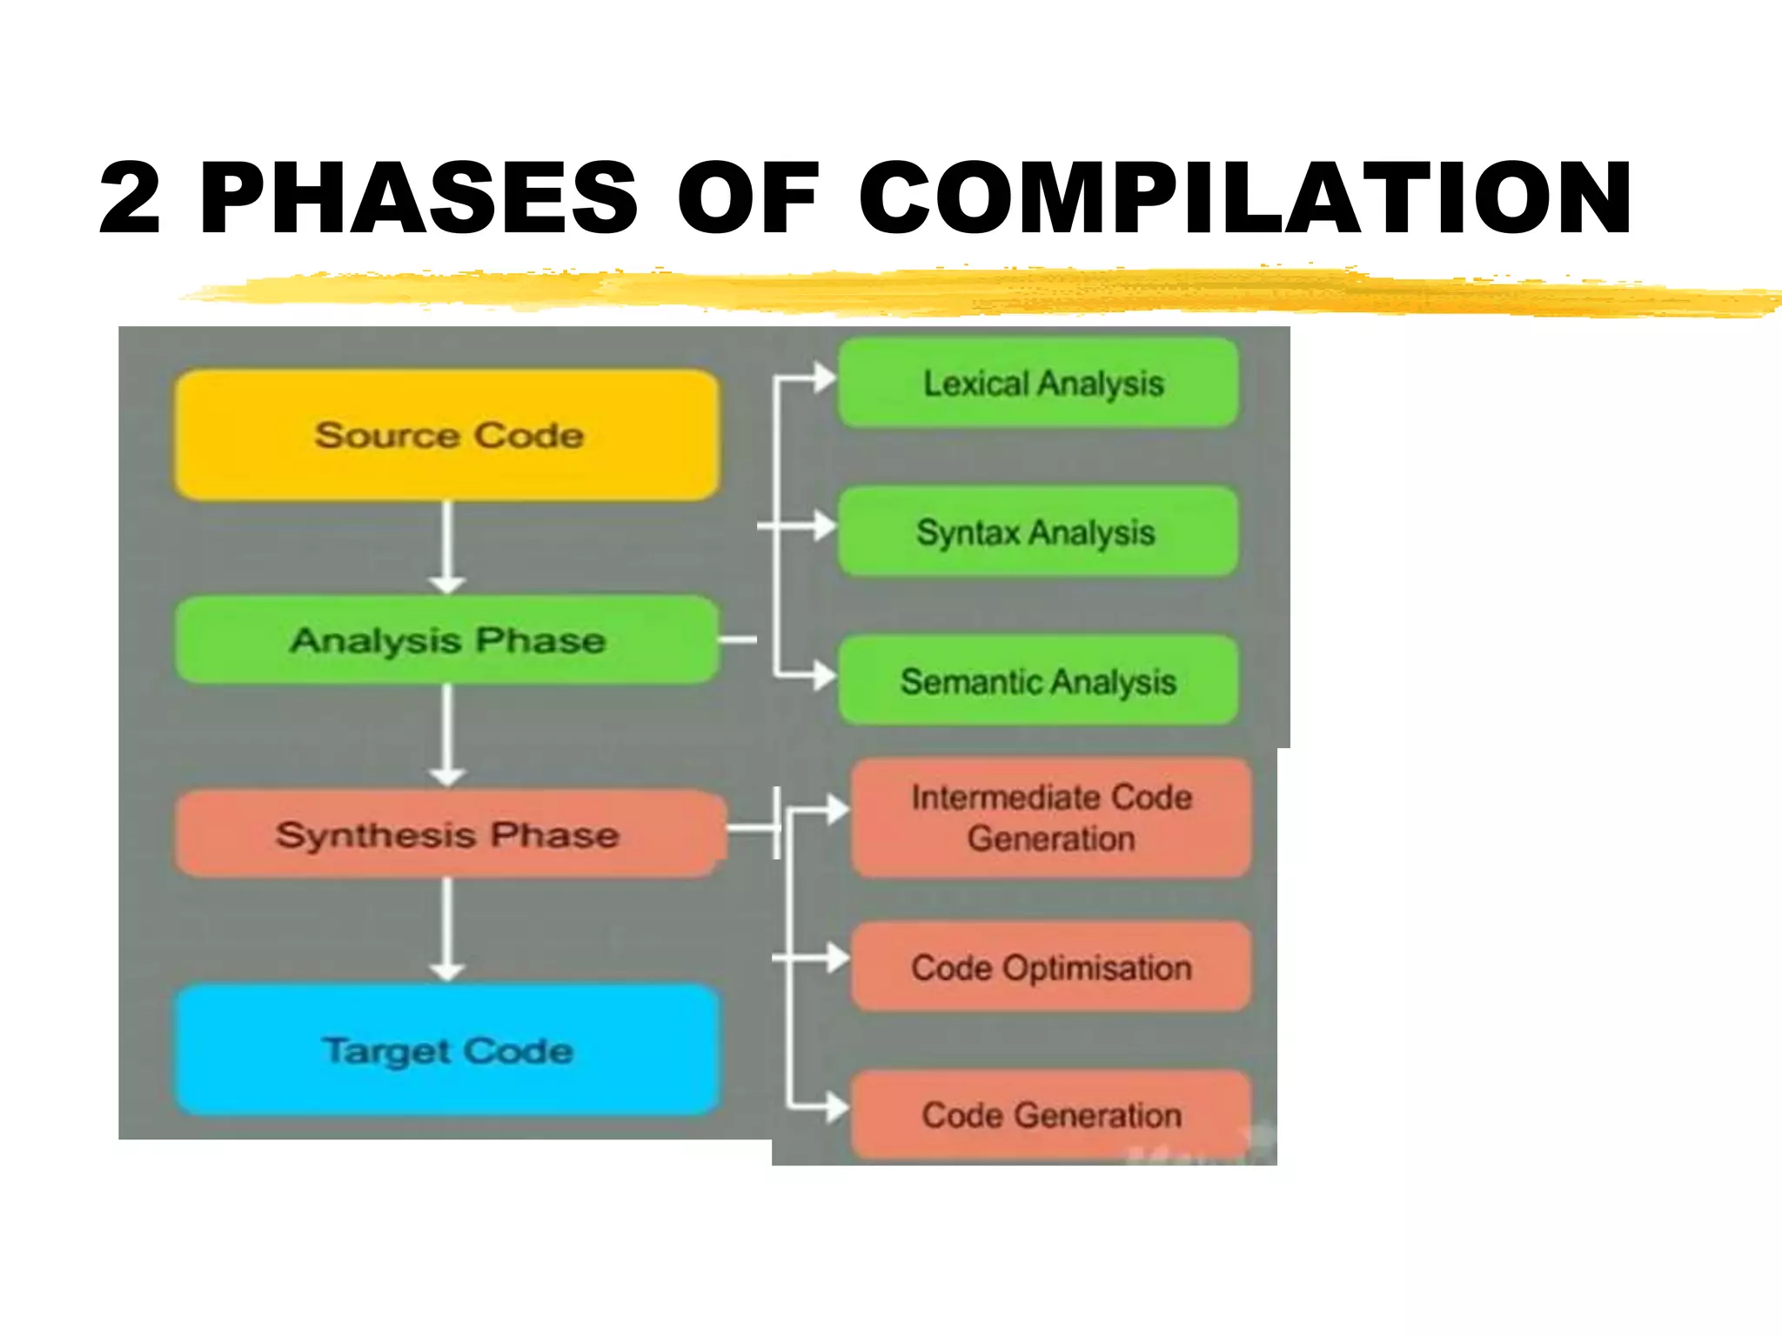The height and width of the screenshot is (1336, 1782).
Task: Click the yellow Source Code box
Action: point(447,435)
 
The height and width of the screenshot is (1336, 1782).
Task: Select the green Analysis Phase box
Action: point(447,640)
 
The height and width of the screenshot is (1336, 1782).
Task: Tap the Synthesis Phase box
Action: point(447,834)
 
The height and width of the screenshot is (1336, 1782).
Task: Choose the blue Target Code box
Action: point(447,1051)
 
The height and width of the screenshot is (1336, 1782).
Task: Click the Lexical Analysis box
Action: point(1038,384)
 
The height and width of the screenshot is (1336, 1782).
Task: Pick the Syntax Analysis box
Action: point(1038,531)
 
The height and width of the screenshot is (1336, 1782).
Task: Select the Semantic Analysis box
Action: point(1038,681)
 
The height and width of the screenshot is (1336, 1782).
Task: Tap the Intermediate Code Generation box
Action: point(1051,818)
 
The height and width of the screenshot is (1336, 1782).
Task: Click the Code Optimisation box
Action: point(1051,967)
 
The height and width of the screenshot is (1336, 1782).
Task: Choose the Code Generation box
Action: point(1051,1115)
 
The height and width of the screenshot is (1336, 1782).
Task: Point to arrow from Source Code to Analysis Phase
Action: point(447,548)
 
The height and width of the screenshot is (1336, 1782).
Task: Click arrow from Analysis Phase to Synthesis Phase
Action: point(447,736)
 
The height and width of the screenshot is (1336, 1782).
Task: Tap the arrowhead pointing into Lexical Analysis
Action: point(824,378)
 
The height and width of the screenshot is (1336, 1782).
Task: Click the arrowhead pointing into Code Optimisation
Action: point(837,958)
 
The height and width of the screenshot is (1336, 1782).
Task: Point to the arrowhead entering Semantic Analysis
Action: point(824,674)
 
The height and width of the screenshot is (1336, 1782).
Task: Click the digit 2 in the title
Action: point(131,198)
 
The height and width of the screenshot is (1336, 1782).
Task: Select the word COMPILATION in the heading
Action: point(1244,198)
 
